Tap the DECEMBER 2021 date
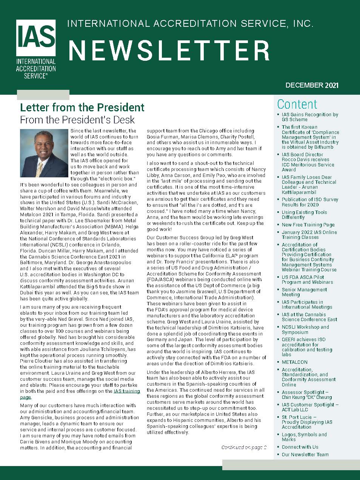pos(312,85)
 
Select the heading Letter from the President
pos(82,108)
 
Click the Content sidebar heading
pos(297,104)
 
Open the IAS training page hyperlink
pos(126,391)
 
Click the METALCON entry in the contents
pos(294,362)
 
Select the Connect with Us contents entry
pos(300,447)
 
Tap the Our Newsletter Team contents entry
pos(305,455)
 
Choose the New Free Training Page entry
pos(308,225)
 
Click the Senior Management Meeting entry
pos(304,292)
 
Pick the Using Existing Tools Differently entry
pos(304,215)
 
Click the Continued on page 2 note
pos(244,448)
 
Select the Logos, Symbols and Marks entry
pos(304,437)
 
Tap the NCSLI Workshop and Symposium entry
pos(305,329)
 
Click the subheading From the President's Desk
pos(77,120)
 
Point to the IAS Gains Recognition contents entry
pos(309,117)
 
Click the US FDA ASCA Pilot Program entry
pos(307,280)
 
